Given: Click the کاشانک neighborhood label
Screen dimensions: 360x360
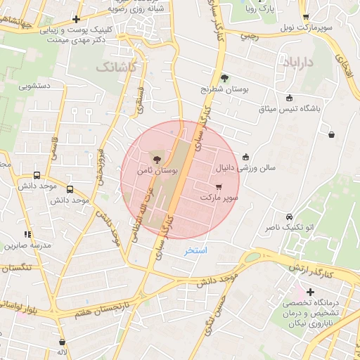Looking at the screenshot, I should point(112,67).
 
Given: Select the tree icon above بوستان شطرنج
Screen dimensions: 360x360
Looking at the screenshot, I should point(224,78).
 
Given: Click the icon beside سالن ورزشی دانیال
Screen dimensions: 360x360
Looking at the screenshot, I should point(245,157).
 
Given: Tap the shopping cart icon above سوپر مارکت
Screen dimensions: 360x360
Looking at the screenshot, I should point(219,187).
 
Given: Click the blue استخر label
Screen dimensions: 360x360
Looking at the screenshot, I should point(197,250).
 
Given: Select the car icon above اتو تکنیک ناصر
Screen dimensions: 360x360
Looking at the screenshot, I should point(289,217).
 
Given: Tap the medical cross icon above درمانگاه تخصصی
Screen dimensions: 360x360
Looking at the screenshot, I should point(309,291).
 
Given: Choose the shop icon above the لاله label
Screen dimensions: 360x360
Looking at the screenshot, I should point(62,342).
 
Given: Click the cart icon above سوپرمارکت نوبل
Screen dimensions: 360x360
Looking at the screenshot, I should point(305,17).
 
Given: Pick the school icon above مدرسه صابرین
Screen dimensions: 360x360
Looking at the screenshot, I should point(27,234).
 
